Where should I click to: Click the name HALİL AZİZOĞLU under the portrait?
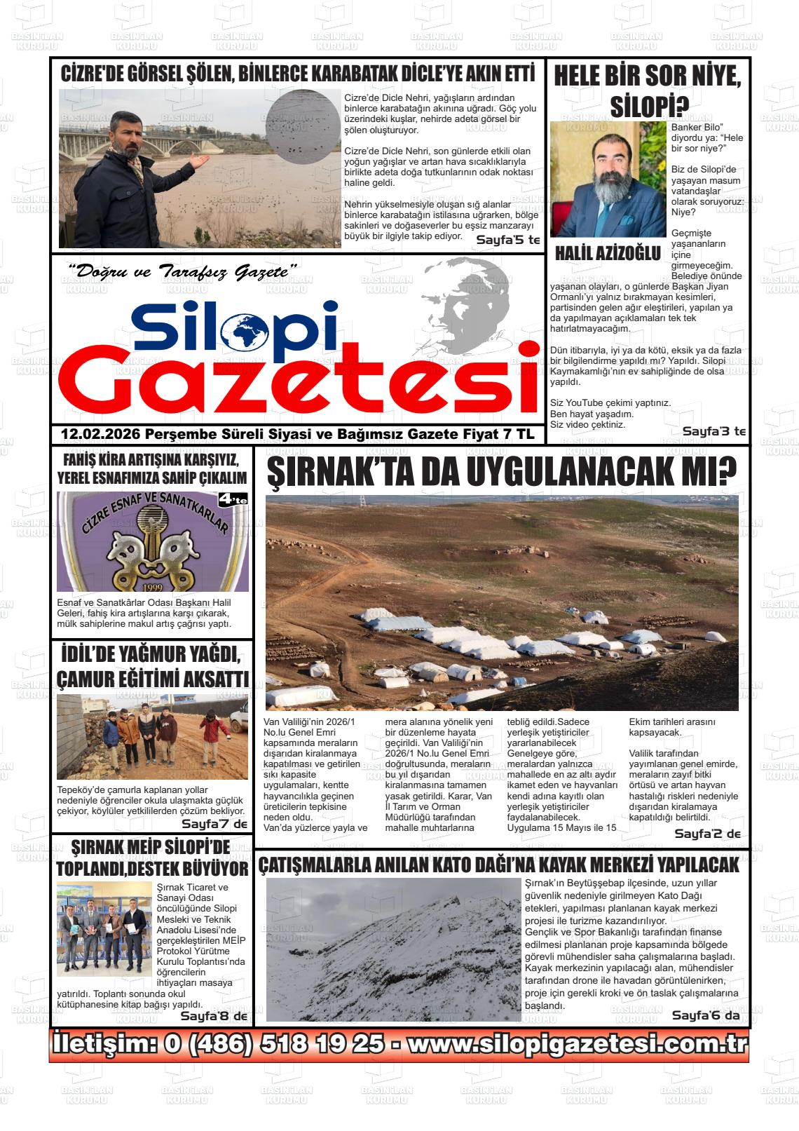(608, 253)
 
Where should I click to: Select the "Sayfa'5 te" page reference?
(508, 241)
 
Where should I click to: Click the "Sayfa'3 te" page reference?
(714, 431)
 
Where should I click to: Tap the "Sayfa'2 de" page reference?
(707, 834)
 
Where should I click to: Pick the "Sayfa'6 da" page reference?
(706, 1015)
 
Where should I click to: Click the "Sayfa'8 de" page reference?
(214, 1016)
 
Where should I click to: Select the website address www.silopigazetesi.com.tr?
(578, 1044)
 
